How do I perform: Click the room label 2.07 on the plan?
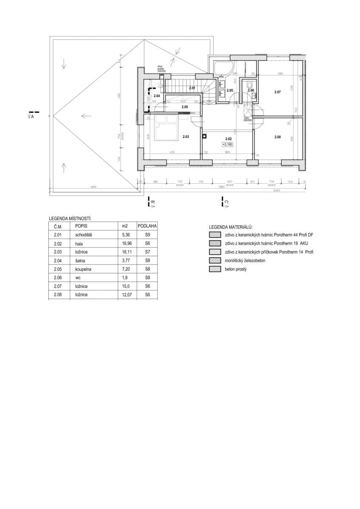[x=278, y=92]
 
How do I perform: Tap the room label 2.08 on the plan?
[x=278, y=137]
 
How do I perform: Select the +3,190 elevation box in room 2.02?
[x=228, y=145]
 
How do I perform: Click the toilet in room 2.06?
[x=250, y=84]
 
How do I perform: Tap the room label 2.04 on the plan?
[x=157, y=96]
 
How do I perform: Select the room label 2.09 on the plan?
[x=185, y=107]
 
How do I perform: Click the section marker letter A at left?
[x=32, y=117]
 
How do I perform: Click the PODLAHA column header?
[x=147, y=226]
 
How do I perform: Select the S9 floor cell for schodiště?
[x=147, y=235]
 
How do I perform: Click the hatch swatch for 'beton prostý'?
[x=214, y=269]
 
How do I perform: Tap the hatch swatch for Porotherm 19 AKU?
[x=214, y=243]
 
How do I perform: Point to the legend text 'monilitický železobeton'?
[x=245, y=261]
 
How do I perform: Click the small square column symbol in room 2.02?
[x=204, y=137]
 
